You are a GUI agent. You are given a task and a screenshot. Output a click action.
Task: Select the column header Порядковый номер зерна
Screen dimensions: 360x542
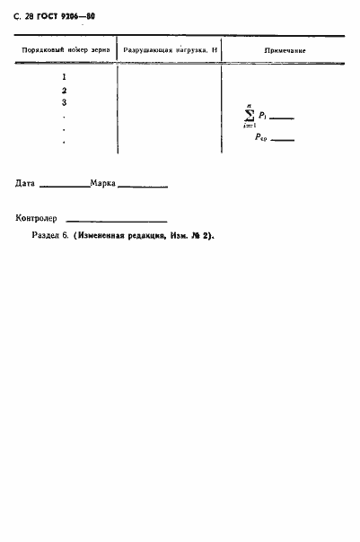coord(66,50)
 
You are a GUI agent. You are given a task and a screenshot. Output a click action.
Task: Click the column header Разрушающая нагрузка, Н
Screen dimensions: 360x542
coord(171,50)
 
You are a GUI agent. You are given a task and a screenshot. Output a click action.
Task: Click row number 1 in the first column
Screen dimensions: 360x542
coord(64,77)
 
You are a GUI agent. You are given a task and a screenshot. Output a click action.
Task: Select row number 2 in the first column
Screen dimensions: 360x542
coord(64,90)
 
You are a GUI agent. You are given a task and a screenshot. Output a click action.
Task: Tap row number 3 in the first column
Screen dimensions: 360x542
coord(64,102)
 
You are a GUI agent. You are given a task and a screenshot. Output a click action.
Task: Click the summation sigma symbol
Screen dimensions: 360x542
coord(249,117)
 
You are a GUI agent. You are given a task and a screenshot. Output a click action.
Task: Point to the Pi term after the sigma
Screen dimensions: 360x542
coord(262,116)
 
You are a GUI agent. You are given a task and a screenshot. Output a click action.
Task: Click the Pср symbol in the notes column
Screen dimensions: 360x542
coord(261,138)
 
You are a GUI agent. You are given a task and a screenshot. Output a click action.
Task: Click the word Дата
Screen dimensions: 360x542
coord(25,184)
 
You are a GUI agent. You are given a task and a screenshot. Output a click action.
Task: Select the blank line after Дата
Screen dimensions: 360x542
coord(65,187)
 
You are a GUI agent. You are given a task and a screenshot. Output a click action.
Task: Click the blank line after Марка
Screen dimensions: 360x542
coord(143,187)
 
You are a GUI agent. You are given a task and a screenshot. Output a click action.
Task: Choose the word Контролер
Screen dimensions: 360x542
coord(36,218)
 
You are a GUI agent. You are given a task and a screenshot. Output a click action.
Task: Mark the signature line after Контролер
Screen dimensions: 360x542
coord(117,221)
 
